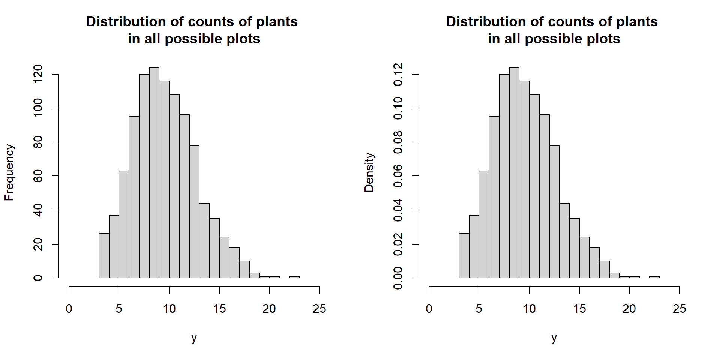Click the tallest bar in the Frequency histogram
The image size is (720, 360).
pyautogui.click(x=154, y=172)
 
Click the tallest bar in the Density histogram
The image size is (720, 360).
pyautogui.click(x=514, y=172)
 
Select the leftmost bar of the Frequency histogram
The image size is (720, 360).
pyautogui.click(x=104, y=256)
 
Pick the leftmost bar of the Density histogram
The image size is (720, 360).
pyautogui.click(x=464, y=256)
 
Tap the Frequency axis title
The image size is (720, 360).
pyautogui.click(x=9, y=172)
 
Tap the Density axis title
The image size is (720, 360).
pyautogui.click(x=369, y=172)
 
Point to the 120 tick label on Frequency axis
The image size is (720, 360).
pyautogui.click(x=38, y=74)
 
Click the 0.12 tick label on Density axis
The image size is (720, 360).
pyautogui.click(x=398, y=74)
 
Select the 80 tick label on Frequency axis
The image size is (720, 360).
pyautogui.click(x=38, y=142)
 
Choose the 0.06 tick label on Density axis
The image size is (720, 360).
pyautogui.click(x=398, y=176)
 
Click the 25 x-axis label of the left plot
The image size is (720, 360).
pyautogui.click(x=319, y=309)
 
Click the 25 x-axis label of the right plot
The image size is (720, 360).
pyautogui.click(x=679, y=309)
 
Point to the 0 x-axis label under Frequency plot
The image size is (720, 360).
pyautogui.click(x=69, y=309)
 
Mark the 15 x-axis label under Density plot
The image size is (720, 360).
pyautogui.click(x=579, y=309)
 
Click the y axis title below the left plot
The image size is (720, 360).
pyautogui.click(x=194, y=338)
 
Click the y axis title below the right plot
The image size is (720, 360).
pyautogui.click(x=554, y=338)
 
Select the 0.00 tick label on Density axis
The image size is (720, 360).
pyautogui.click(x=398, y=278)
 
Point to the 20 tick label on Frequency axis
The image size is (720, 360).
pyautogui.click(x=38, y=244)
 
